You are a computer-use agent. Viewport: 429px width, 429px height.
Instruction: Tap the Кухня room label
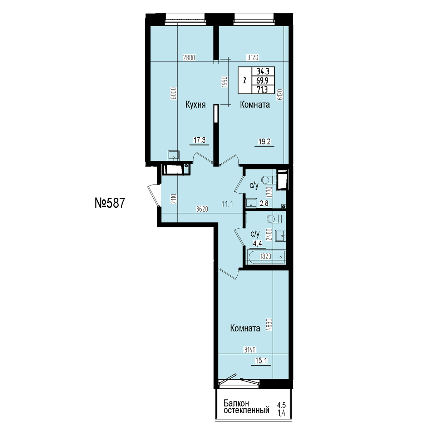point(196,105)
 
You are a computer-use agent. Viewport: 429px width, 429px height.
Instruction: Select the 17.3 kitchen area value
point(199,140)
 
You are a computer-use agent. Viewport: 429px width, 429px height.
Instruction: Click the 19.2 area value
point(264,142)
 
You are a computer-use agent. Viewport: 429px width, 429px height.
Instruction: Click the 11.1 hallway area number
point(227,203)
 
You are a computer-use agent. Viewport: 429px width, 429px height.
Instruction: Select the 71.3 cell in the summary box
point(262,89)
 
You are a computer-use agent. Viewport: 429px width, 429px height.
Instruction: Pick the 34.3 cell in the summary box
point(263,71)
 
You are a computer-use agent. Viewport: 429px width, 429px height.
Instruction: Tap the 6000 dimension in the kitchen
point(174,93)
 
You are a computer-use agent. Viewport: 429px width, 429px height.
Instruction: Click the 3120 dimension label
point(252,58)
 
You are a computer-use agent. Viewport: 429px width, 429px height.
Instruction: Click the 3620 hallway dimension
point(202,209)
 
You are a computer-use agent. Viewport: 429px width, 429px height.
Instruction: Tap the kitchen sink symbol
point(174,155)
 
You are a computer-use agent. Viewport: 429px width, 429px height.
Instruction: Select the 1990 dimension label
point(225,82)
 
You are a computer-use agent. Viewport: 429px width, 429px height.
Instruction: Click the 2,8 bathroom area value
point(264,203)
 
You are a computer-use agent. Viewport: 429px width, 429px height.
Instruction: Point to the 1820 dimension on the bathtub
point(266,256)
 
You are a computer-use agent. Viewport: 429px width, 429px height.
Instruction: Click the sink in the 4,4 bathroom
point(281,236)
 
